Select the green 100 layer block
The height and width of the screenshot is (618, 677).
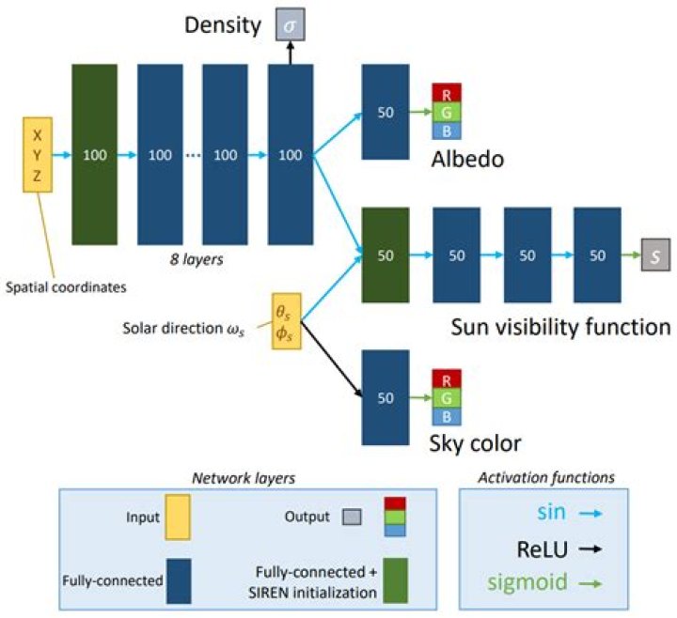pos(95,154)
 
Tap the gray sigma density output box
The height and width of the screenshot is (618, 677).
pos(291,23)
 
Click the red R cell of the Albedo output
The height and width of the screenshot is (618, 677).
pos(446,94)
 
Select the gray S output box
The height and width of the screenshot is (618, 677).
pos(656,255)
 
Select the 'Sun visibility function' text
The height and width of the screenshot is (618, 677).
pos(560,327)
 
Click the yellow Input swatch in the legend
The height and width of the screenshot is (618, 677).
pos(175,517)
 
